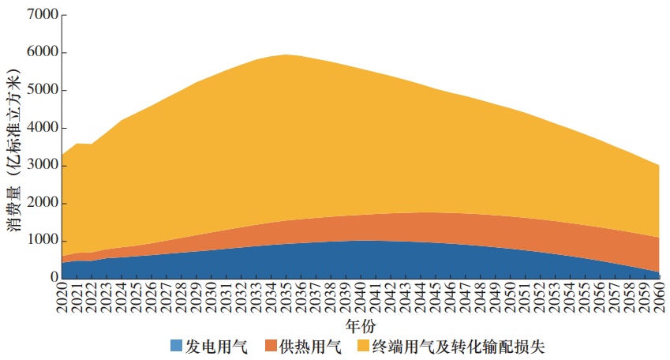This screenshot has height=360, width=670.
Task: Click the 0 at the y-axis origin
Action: pos(52,278)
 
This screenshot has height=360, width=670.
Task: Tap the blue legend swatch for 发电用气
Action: pos(177,346)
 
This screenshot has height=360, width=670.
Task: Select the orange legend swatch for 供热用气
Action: pos(271,346)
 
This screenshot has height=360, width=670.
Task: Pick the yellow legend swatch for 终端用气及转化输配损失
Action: pos(364,346)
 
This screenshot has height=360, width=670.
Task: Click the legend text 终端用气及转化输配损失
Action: pos(459,346)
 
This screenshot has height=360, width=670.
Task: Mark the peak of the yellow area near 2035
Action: pos(286,55)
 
